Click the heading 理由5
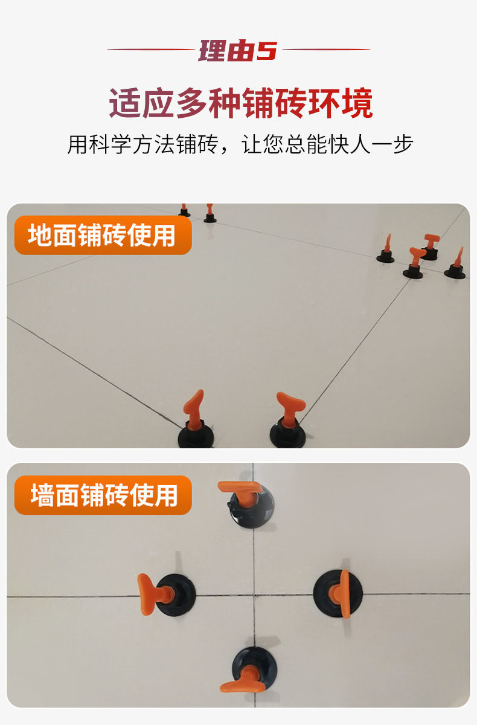238,51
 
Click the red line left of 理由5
151,50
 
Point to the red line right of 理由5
326,50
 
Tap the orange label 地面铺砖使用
102,235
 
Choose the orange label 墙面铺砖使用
103,495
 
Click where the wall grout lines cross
254,594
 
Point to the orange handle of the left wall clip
147,593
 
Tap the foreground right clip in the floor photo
289,423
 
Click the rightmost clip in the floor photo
456,266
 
